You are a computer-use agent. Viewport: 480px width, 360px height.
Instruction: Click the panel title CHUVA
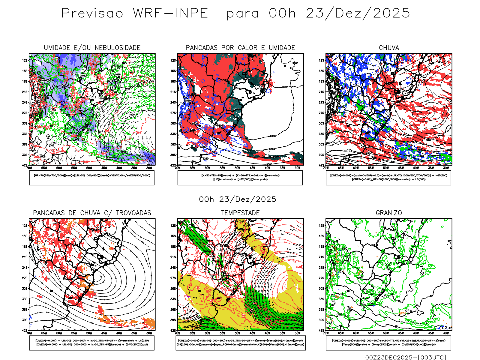(389, 48)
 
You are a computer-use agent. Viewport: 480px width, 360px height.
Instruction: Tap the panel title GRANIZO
(389, 213)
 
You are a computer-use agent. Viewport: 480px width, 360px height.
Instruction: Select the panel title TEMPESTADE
(240, 213)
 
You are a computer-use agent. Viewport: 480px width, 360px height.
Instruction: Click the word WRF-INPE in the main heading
(170, 13)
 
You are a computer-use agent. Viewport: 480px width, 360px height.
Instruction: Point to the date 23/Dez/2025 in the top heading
(358, 13)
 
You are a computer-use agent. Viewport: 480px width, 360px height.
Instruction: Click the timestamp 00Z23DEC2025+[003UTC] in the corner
(406, 357)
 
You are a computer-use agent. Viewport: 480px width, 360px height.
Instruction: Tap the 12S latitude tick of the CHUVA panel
(321, 61)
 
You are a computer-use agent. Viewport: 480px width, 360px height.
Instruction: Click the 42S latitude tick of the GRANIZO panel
(321, 331)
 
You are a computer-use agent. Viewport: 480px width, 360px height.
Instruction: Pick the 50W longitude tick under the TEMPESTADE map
(237, 333)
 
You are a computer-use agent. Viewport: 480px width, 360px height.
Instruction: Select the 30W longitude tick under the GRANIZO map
(446, 333)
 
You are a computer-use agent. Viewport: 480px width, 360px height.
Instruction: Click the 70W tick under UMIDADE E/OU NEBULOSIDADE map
(29, 168)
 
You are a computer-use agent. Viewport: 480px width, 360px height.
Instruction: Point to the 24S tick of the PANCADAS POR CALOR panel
(173, 103)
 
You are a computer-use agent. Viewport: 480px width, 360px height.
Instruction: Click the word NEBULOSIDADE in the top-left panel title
(118, 48)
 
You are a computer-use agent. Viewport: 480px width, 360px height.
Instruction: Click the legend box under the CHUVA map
(388, 178)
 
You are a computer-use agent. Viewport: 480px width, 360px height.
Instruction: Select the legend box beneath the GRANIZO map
(388, 343)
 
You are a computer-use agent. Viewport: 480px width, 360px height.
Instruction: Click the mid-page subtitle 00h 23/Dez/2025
(238, 199)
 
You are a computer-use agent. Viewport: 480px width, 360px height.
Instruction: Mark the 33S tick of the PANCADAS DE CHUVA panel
(25, 299)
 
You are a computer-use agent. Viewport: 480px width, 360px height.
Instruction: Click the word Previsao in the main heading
(92, 13)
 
